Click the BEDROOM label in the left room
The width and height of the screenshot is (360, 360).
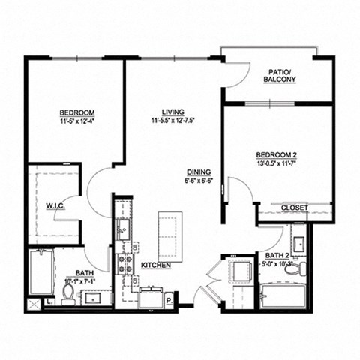pyautogui.click(x=76, y=114)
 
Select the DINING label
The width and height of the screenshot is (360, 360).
pyautogui.click(x=199, y=171)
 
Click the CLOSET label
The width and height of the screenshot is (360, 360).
pyautogui.click(x=295, y=208)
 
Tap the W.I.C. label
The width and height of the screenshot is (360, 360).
pyautogui.click(x=55, y=205)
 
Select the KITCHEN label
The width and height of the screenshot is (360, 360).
pyautogui.click(x=155, y=265)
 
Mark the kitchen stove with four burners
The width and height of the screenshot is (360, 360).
pyautogui.click(x=124, y=264)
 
